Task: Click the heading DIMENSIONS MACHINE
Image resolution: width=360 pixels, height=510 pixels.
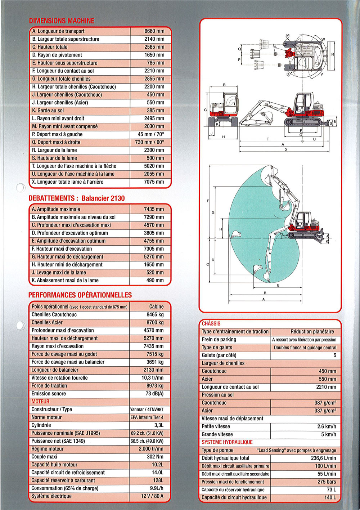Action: (62, 21)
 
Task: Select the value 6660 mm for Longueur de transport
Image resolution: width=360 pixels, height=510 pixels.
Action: (154, 31)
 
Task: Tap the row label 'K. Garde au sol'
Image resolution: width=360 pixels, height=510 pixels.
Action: (48, 111)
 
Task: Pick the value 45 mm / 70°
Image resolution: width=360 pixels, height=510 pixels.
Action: (150, 134)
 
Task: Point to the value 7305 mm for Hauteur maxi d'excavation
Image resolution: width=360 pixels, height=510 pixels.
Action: (154, 249)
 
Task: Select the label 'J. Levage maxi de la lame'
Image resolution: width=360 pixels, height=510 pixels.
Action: (59, 273)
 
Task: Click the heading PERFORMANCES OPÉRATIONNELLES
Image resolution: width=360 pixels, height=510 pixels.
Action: (80, 295)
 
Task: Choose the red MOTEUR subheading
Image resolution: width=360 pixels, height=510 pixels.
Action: (40, 402)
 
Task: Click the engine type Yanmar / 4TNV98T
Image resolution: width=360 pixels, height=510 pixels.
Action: (147, 410)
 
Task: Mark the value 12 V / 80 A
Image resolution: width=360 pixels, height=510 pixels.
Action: (152, 496)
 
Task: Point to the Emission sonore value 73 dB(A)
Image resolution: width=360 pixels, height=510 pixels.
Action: (154, 394)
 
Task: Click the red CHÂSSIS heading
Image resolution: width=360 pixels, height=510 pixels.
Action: (211, 323)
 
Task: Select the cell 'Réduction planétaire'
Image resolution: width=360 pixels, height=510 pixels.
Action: (312, 332)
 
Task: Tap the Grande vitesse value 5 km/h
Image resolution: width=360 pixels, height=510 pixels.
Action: (328, 434)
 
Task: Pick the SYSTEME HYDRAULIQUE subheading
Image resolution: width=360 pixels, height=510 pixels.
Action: (227, 442)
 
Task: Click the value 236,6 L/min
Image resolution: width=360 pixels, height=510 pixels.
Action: (323, 458)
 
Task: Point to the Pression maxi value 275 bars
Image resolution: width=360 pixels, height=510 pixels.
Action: (327, 482)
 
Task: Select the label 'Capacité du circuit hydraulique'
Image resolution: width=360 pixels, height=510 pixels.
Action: (234, 498)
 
